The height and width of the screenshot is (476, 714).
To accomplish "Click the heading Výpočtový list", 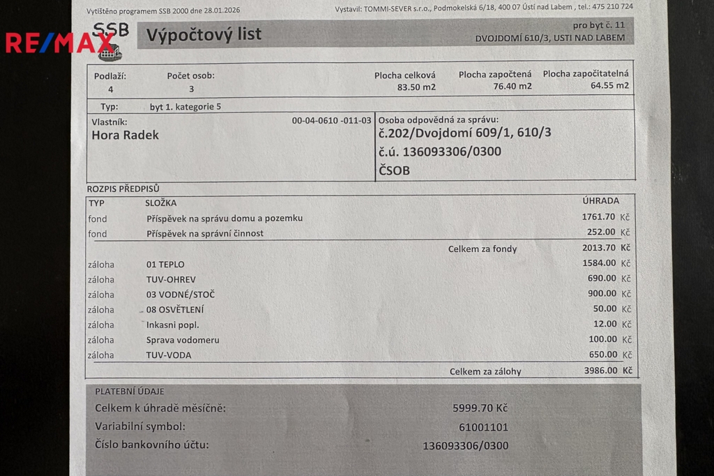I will point(203,34).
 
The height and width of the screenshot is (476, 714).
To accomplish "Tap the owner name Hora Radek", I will point(125,135).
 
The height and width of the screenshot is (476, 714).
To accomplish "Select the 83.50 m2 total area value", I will point(416,87).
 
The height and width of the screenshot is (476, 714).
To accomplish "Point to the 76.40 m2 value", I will point(512,86).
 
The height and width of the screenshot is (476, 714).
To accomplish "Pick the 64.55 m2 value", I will point(609,86).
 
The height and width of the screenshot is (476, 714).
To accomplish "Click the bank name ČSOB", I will point(394,170).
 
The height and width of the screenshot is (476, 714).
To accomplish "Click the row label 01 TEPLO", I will point(165,265).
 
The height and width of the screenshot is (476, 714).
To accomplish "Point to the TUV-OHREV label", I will point(171,279).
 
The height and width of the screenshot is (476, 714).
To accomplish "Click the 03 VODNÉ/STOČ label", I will point(176,295).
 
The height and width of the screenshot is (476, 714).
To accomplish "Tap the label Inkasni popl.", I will point(172,325).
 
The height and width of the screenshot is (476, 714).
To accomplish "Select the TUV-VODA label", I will point(168,355).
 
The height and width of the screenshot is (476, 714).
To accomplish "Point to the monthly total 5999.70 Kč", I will point(480,408).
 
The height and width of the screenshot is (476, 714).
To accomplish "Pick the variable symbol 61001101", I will point(484,427).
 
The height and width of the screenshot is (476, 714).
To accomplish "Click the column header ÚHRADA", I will point(600,202).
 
